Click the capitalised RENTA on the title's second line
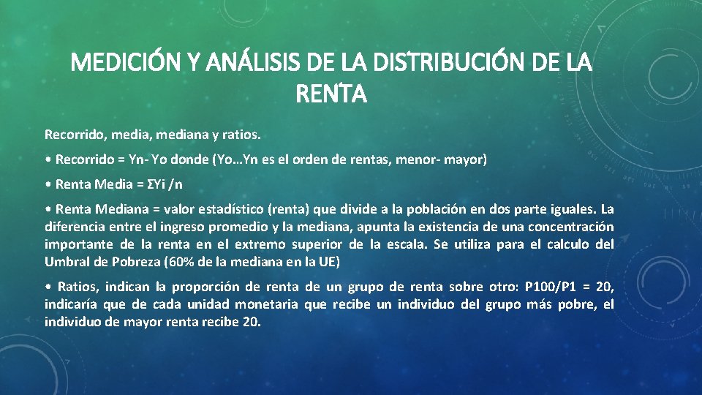click(x=331, y=94)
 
